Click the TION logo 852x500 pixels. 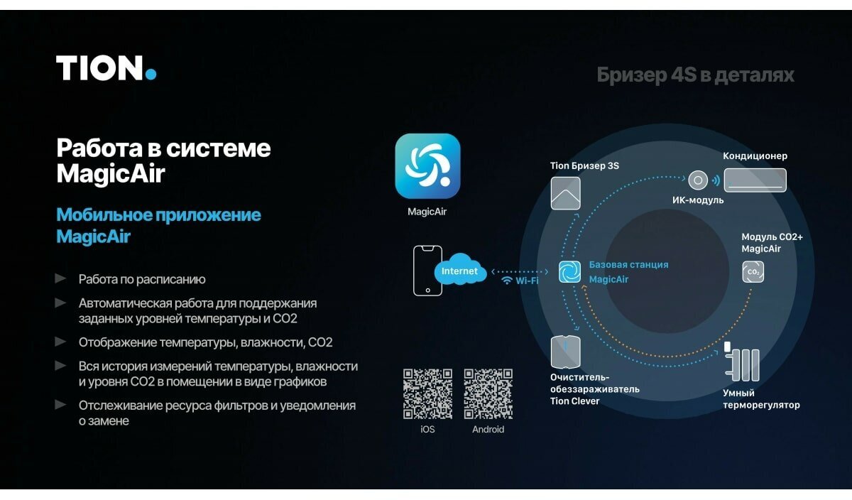tap(106, 68)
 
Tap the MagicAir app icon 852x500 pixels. tap(427, 166)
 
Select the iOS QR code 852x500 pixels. tap(427, 393)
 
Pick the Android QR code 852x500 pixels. tap(488, 393)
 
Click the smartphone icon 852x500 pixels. tap(427, 271)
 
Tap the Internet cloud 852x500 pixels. tap(460, 271)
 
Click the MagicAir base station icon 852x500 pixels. tap(569, 271)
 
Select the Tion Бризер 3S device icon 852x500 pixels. tap(565, 193)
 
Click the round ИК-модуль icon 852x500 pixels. tap(698, 180)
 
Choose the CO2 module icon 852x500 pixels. tap(753, 271)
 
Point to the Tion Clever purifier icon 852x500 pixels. tap(565, 352)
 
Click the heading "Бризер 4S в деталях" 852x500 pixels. tap(695, 75)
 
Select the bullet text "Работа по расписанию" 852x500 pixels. tap(142, 279)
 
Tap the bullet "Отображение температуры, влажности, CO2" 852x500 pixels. tap(205, 342)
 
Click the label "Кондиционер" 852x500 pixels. tap(755, 156)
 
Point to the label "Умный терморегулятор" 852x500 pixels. tap(761, 399)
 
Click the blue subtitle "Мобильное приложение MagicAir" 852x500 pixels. tap(158, 225)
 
